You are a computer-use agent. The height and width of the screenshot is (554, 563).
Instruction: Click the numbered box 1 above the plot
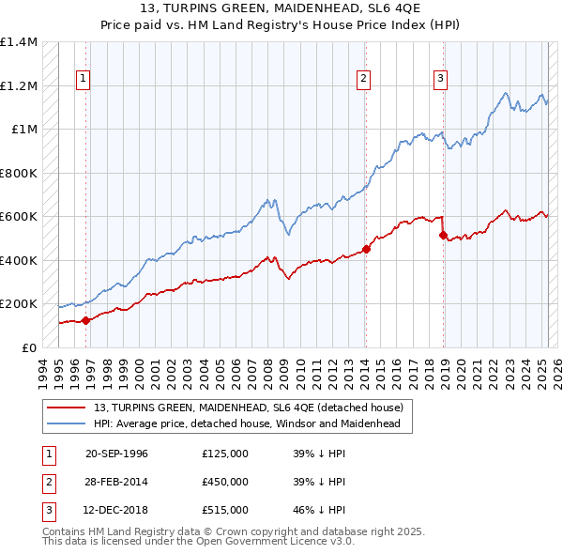coord(84,79)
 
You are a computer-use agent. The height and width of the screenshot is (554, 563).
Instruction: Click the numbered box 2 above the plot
coord(363,79)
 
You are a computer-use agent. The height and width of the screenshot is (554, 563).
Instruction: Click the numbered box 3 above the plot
coord(440,79)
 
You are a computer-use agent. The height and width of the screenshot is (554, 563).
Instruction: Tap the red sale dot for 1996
coord(85,320)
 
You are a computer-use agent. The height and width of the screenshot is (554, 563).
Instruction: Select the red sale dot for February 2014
coord(366,249)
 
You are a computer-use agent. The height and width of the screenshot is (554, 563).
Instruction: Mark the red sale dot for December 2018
coord(443,236)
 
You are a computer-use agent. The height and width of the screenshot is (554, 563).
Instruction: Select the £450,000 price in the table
coord(225,482)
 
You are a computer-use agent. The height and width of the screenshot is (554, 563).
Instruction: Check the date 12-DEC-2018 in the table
coord(116,510)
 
